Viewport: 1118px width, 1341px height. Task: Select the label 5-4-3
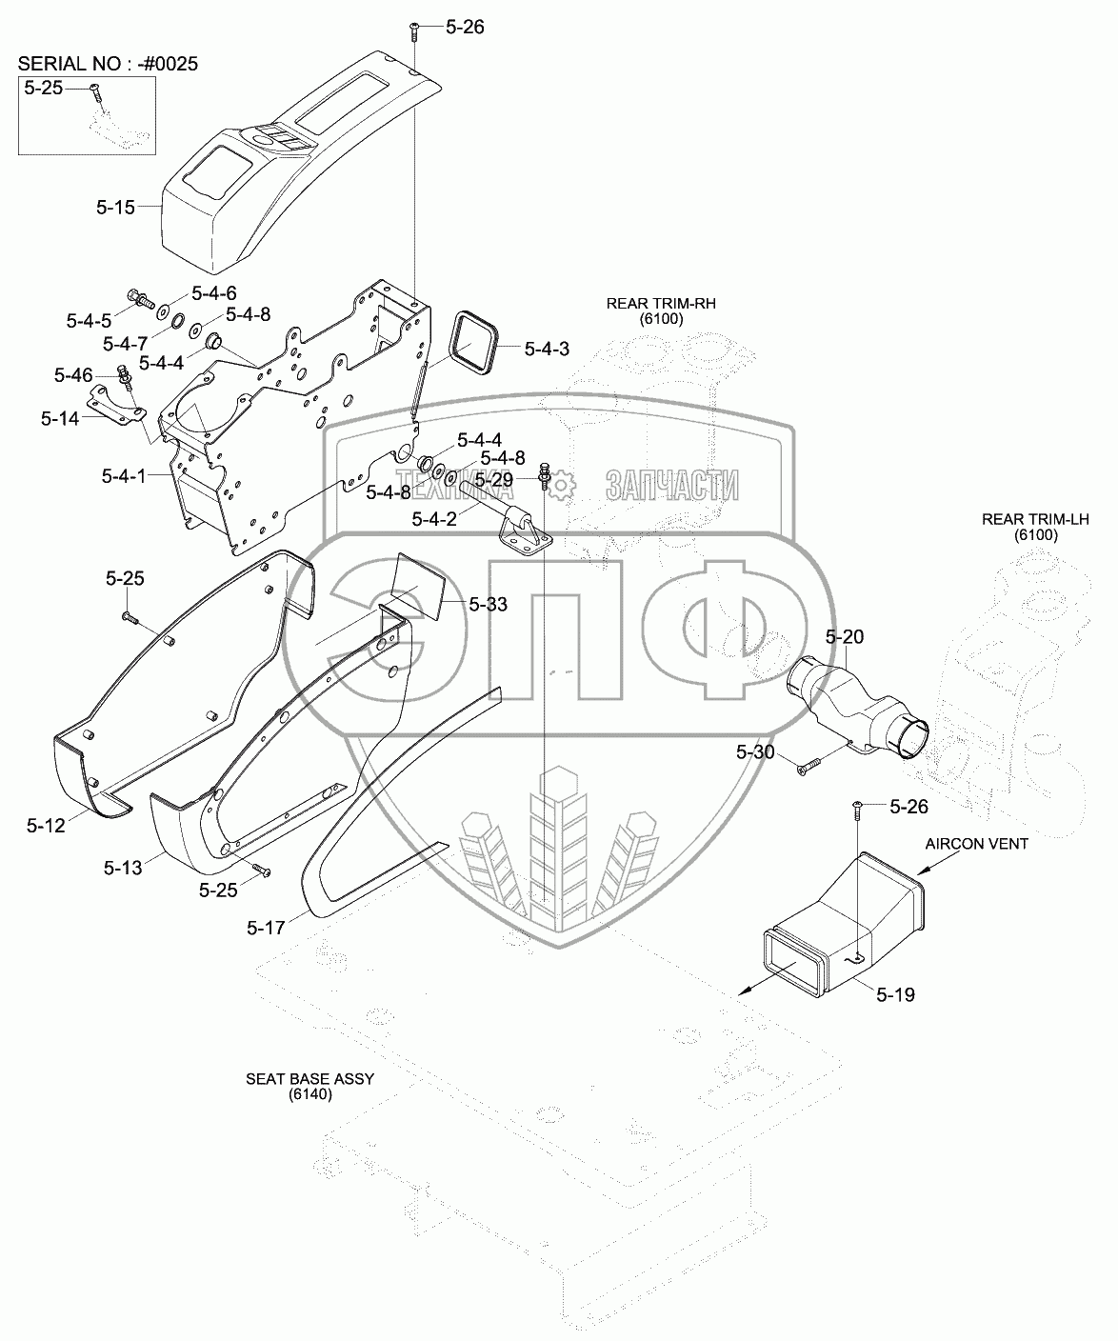546,350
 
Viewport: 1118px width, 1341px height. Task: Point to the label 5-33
489,604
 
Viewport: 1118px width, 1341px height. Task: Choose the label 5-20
844,636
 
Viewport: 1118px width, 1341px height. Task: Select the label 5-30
757,752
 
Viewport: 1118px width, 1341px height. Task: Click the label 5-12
45,826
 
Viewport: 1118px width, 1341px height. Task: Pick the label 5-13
122,867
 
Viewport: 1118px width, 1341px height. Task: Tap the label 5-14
62,416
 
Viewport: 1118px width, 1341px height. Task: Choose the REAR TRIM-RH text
661,304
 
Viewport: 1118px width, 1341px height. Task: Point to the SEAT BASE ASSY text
310,1079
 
